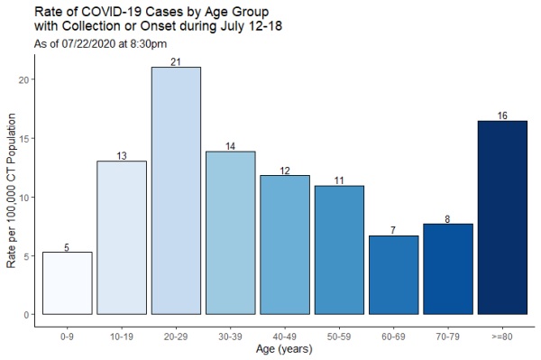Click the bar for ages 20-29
(x=176, y=190)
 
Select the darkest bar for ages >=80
(x=502, y=217)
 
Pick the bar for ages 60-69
(x=393, y=274)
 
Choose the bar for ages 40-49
(x=285, y=245)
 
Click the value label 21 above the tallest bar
(x=176, y=61)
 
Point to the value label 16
(x=502, y=115)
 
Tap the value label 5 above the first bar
(x=67, y=246)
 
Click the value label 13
(x=122, y=155)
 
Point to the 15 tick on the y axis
(x=28, y=138)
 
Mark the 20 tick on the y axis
(x=28, y=79)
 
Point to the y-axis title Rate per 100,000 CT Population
(x=11, y=197)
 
